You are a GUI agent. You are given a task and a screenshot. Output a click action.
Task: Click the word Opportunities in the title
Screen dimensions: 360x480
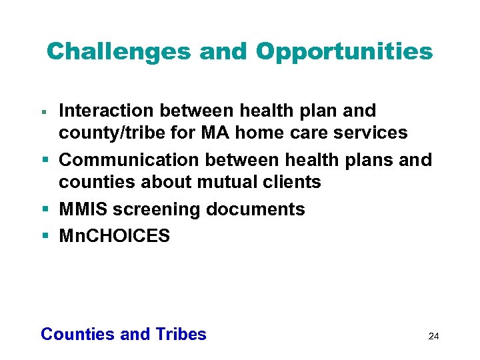click(x=344, y=51)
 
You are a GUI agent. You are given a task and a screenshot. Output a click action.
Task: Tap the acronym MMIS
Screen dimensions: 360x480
click(x=83, y=209)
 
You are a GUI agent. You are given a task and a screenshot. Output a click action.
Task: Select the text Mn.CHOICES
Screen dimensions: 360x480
click(x=115, y=236)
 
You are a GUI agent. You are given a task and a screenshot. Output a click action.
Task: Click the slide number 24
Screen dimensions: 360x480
click(x=433, y=336)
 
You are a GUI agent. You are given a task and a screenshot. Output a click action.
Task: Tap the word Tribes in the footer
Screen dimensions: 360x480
click(x=181, y=334)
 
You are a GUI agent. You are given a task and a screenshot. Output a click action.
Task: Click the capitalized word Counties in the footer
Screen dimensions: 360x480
click(x=77, y=334)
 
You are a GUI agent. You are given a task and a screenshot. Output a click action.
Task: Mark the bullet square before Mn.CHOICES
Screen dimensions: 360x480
click(x=44, y=237)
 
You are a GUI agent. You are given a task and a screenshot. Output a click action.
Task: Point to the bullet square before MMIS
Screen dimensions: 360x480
click(x=44, y=210)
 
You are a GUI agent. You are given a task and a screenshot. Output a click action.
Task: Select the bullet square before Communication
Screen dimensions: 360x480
click(x=44, y=161)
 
